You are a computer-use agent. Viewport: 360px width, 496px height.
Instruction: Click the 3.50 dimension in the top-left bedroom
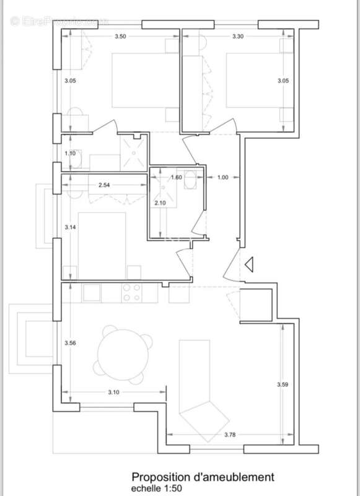coord(120,37)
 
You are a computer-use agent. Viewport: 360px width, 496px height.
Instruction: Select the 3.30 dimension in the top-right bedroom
coord(237,37)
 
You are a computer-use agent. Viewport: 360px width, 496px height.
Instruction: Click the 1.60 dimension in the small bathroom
coord(176,177)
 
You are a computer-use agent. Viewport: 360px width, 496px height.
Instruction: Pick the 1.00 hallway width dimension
coord(222,177)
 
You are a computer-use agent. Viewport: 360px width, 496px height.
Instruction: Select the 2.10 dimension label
coord(160,203)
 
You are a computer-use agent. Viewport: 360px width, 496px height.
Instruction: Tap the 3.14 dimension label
coord(70,228)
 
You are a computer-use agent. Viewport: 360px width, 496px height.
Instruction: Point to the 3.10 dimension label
coord(113,392)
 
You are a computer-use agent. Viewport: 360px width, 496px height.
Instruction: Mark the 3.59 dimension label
coord(282,385)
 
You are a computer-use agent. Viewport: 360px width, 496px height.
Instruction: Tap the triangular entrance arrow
coord(249,265)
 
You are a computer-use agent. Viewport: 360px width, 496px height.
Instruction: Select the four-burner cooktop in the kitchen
coord(131,293)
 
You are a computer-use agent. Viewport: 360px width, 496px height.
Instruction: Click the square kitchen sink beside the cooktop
coord(92,292)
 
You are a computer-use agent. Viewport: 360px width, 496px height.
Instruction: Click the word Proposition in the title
coord(160,477)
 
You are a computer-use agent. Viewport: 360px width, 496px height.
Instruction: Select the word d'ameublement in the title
coord(232,477)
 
